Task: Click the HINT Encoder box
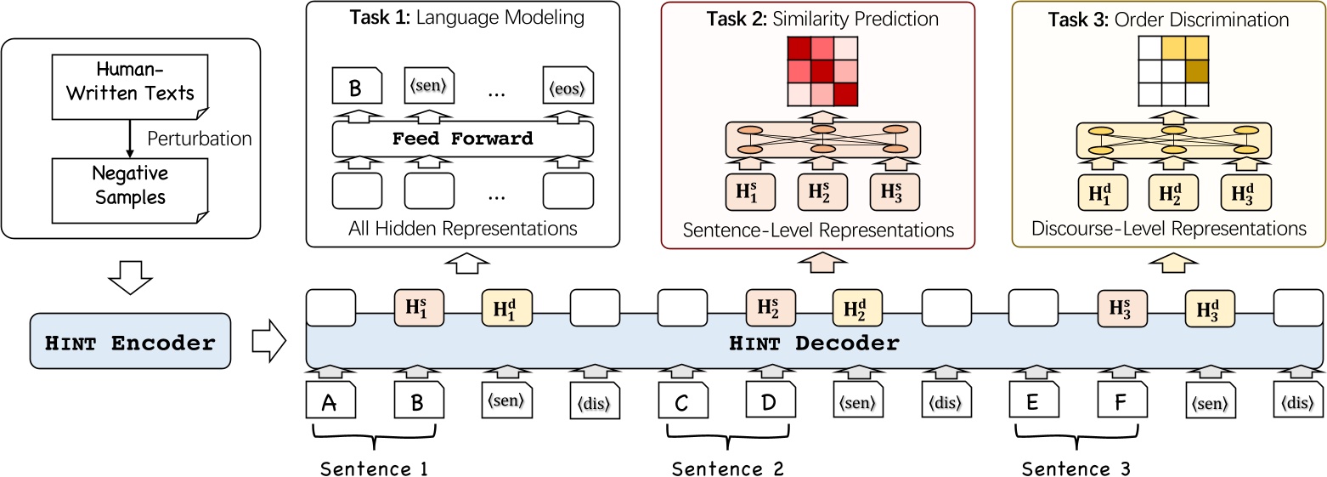(x=130, y=342)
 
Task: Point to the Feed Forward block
(x=462, y=138)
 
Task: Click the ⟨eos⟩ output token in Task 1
(x=568, y=87)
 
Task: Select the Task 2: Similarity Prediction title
(x=817, y=18)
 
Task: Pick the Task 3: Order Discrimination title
(x=1169, y=18)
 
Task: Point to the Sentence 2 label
(x=727, y=468)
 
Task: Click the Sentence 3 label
(x=1076, y=468)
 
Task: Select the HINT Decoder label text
(x=813, y=344)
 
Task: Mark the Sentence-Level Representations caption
(x=817, y=230)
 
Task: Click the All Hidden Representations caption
(x=462, y=228)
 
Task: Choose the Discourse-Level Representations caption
(x=1169, y=228)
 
